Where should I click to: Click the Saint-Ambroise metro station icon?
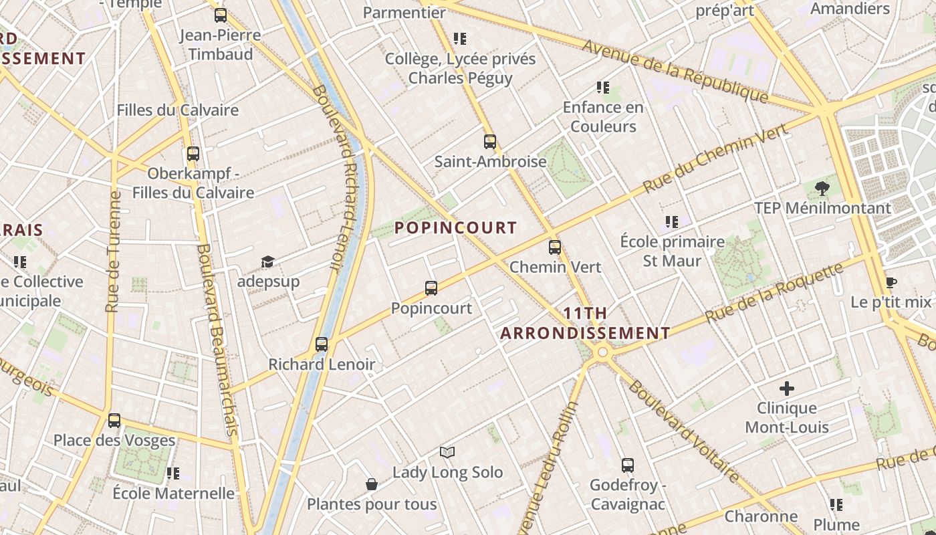[490, 141]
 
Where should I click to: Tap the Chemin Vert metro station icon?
[555, 247]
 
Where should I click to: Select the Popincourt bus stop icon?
[431, 288]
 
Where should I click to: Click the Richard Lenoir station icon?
[322, 344]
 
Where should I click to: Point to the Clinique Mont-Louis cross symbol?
[787, 388]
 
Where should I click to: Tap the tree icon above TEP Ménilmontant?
[822, 188]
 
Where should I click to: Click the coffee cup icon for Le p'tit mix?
[891, 282]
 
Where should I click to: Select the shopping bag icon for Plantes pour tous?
[372, 484]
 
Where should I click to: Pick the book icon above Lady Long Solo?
[447, 452]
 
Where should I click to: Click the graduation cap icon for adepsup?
[267, 261]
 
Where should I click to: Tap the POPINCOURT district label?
[455, 228]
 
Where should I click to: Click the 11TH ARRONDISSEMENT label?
[585, 323]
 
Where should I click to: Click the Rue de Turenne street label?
[113, 252]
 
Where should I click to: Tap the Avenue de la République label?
[675, 71]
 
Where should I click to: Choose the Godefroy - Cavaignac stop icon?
[627, 465]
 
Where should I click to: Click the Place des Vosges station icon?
[114, 421]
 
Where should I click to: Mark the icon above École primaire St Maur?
[672, 221]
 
